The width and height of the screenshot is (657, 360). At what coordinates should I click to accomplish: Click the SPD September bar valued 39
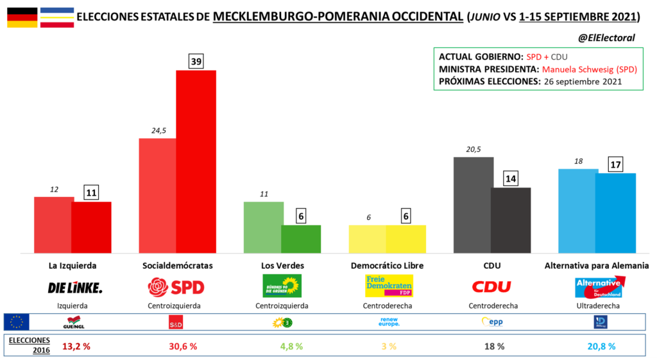[x=196, y=160]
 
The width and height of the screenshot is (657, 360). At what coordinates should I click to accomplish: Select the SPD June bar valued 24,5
[x=158, y=195]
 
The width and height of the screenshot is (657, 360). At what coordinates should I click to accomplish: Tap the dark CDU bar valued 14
[x=511, y=219]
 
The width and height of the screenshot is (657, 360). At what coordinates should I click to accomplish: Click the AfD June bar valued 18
[x=578, y=210]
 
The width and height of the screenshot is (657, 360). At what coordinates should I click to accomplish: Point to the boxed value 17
[x=616, y=164]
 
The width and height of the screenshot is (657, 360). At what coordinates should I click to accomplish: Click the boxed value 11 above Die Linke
[x=91, y=193]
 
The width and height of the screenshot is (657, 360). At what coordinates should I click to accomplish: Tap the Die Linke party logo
[x=75, y=287]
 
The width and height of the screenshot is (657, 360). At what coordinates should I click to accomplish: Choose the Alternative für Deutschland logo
[x=598, y=287]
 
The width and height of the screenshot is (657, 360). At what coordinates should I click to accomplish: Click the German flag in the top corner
[x=22, y=17]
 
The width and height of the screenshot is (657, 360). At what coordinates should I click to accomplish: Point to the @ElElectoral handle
[x=606, y=38]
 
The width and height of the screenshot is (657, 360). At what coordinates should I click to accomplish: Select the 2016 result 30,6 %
[x=182, y=346]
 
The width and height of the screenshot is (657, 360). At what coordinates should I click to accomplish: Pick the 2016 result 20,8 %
[x=601, y=346]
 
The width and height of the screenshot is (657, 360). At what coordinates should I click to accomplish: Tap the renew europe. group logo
[x=389, y=321]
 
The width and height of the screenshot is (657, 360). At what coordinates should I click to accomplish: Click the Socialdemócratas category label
[x=176, y=265]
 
